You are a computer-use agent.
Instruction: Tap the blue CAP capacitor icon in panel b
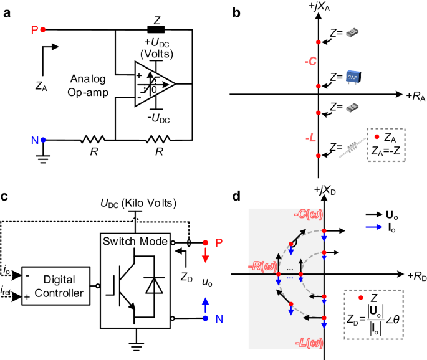point(353,77)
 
